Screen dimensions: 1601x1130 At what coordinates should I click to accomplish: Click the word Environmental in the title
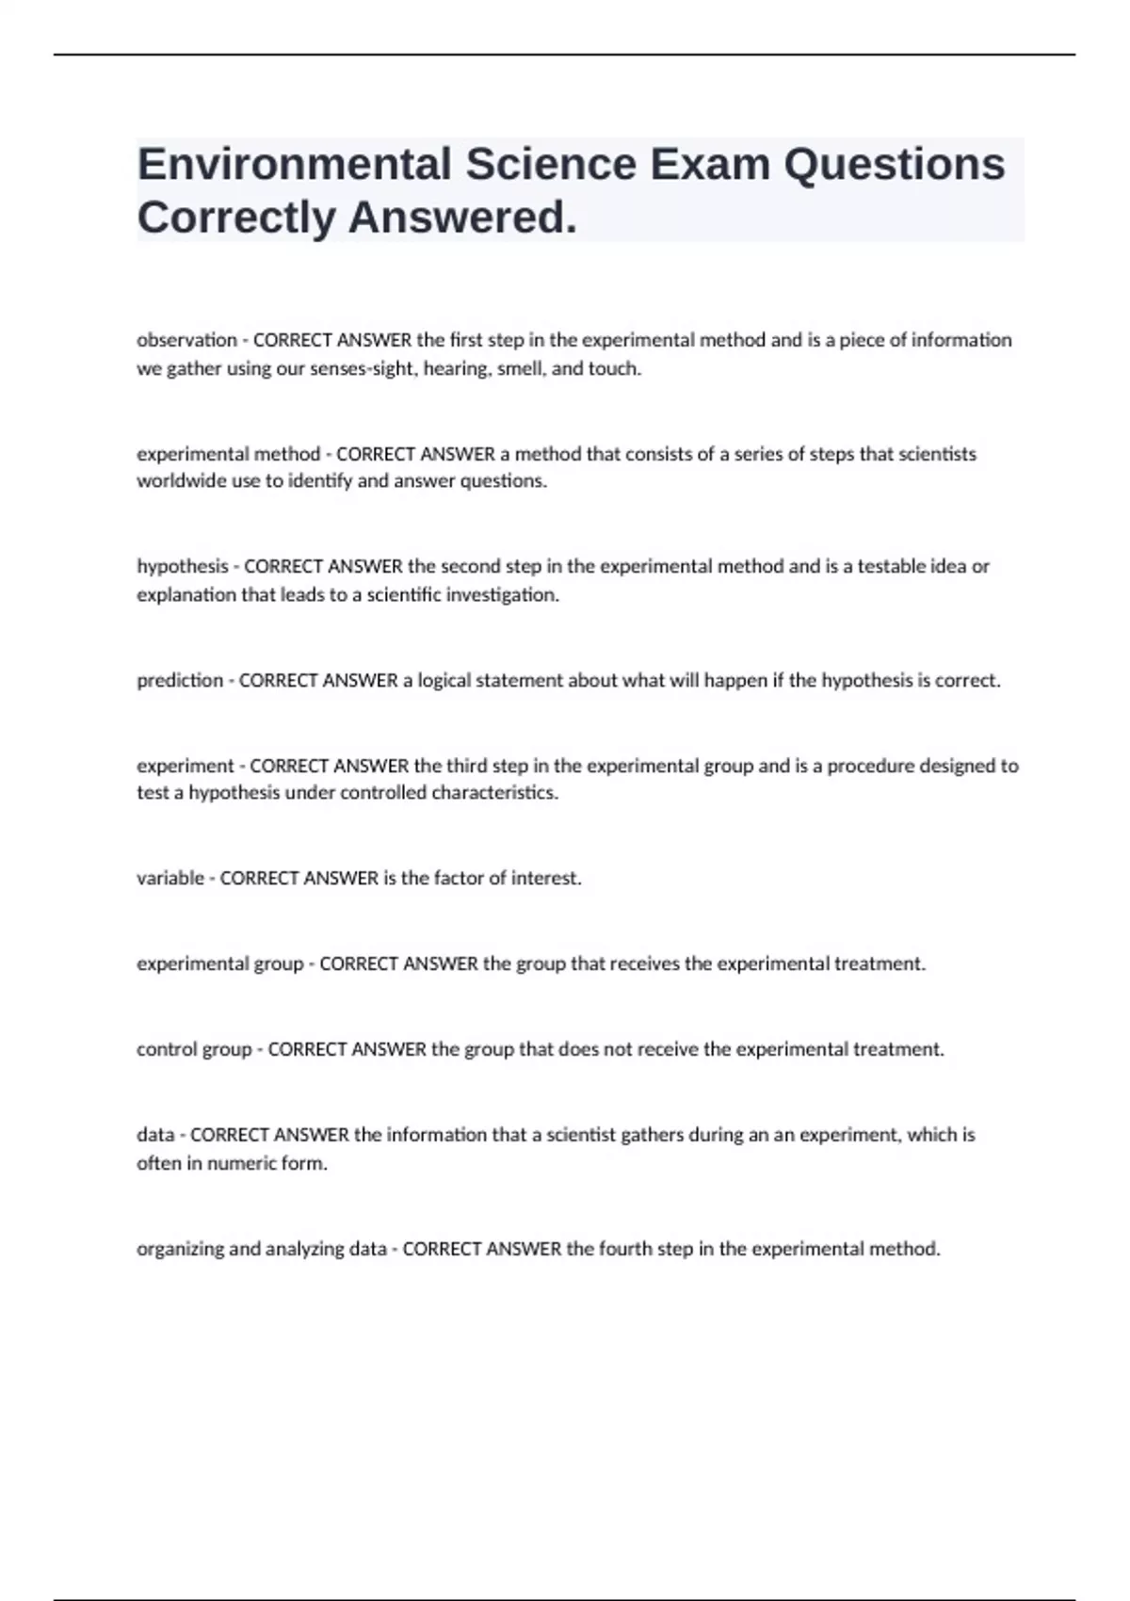(x=294, y=164)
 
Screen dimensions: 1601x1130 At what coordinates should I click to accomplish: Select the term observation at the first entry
(x=186, y=340)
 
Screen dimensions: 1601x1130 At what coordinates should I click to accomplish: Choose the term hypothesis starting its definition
(x=183, y=567)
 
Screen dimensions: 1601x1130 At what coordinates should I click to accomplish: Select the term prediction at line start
(x=180, y=680)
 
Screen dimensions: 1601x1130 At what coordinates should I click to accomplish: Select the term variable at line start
(x=170, y=878)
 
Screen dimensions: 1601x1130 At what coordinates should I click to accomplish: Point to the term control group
(x=194, y=1049)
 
